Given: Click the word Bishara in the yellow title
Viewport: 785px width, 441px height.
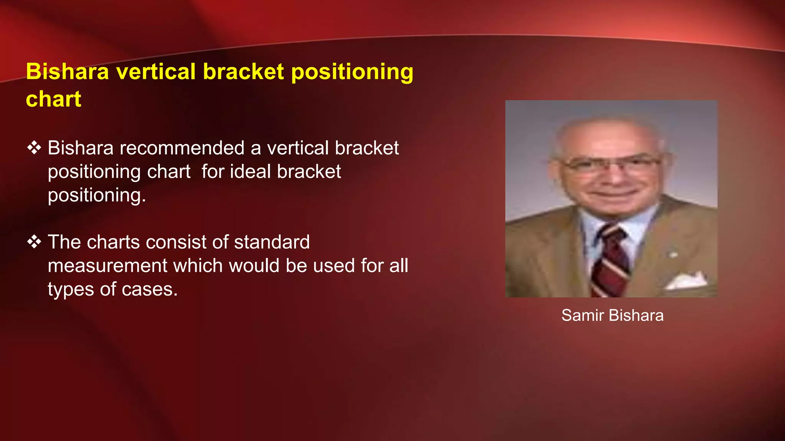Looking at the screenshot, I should coord(67,72).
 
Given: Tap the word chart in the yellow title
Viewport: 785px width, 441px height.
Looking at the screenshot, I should coord(53,99).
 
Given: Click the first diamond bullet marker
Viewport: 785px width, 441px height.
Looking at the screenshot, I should coord(34,148).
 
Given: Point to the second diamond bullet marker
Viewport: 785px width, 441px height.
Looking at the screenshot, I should coord(34,242).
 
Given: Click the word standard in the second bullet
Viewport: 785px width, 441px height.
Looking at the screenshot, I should coord(272,242).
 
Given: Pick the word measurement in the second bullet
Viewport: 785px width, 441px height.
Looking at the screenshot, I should coord(107,266).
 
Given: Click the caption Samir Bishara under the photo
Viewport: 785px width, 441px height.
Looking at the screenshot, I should coord(612,315).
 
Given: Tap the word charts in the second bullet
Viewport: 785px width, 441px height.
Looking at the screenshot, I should coord(113,242).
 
